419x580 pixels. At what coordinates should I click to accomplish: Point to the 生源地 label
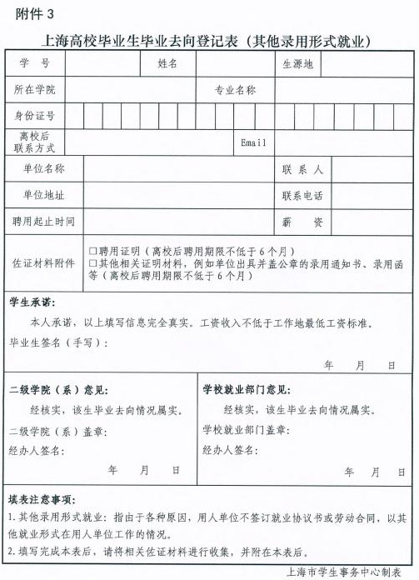tap(297, 64)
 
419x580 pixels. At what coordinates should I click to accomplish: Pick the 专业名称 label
tap(235, 89)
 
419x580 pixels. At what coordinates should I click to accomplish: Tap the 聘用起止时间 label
tap(43, 222)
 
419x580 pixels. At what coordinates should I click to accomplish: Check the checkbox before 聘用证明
tap(92, 250)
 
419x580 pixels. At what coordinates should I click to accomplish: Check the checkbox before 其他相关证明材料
tap(92, 262)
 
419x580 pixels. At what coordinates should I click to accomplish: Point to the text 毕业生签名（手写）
tap(50, 342)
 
